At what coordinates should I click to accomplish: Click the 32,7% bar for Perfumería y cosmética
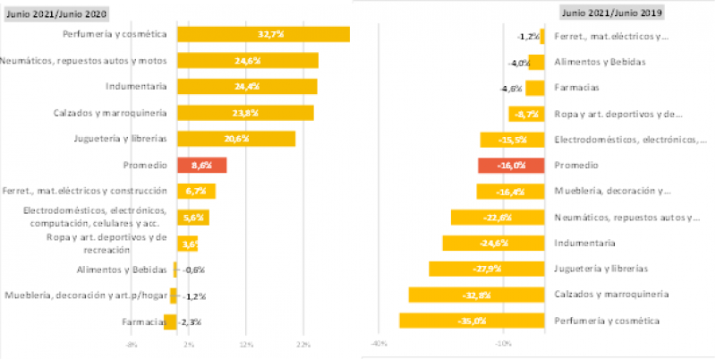[263, 34]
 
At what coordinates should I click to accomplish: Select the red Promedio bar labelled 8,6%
[201, 166]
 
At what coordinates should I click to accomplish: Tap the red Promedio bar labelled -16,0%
[511, 166]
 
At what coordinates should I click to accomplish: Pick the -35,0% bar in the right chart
[472, 321]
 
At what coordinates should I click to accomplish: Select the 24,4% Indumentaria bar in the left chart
[247, 86]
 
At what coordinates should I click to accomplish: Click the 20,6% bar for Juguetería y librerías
[236, 139]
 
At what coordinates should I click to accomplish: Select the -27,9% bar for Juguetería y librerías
[486, 269]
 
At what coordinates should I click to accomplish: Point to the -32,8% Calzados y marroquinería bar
[476, 295]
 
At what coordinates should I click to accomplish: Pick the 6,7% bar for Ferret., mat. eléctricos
[196, 191]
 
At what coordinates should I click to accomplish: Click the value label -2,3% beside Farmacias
[189, 321]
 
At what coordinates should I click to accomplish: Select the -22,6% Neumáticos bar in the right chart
[498, 217]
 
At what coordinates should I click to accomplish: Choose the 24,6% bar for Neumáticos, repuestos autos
[248, 60]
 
